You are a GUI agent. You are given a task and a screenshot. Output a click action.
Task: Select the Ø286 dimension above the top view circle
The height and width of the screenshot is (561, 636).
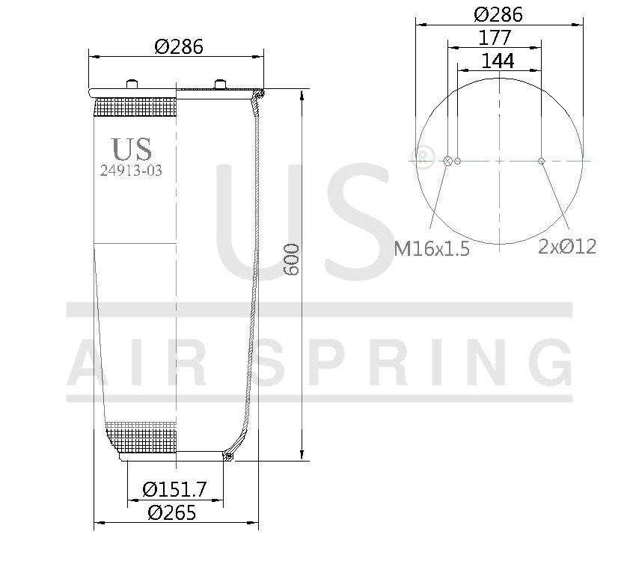[498, 14]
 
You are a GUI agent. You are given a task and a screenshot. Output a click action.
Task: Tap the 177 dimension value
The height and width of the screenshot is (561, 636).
[495, 37]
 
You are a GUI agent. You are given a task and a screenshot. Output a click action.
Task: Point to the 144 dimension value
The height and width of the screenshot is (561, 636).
[498, 61]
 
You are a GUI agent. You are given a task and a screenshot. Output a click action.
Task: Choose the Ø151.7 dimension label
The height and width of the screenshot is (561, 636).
[174, 490]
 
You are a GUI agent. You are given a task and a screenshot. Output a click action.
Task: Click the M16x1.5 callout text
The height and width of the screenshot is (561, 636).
[432, 249]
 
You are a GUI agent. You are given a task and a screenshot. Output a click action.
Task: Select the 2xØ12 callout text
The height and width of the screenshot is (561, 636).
[567, 247]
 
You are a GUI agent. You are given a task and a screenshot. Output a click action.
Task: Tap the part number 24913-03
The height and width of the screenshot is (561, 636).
[131, 171]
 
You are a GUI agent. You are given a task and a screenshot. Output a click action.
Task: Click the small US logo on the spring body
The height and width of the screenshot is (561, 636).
[131, 147]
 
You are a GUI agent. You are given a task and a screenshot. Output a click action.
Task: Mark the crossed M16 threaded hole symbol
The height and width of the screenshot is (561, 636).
[448, 161]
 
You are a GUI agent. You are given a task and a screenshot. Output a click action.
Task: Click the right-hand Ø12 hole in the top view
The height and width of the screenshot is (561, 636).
[541, 161]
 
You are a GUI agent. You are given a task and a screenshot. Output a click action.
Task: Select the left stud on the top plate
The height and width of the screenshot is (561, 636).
[132, 84]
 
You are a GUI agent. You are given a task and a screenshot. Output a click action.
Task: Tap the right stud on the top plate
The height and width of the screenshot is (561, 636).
[220, 84]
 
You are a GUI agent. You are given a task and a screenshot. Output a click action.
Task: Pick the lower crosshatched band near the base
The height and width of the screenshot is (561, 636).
[142, 435]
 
